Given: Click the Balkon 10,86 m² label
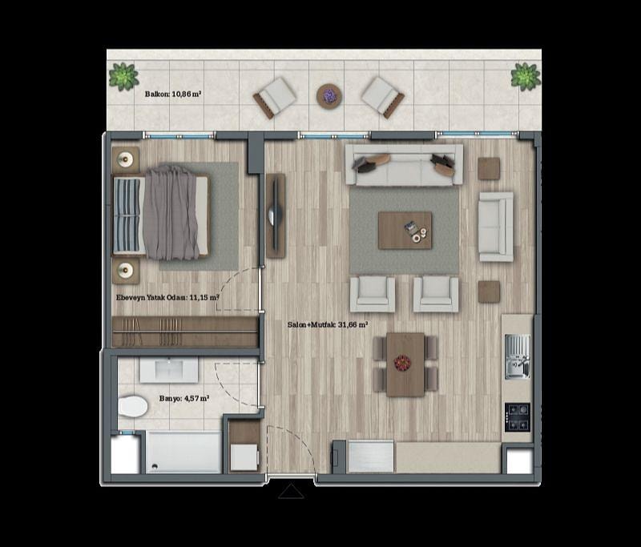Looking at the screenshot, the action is [172, 94].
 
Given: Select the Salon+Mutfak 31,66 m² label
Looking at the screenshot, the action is [328, 325].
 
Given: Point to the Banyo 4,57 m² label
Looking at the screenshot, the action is [184, 398].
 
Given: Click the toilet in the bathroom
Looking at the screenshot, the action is [133, 406].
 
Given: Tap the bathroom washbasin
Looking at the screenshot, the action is [169, 370].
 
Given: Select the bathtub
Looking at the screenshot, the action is [183, 452].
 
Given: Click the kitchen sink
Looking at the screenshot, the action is [517, 356].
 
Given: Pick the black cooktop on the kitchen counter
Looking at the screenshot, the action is [518, 417].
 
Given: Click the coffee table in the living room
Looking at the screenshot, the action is [405, 230].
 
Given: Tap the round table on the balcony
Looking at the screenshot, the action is [329, 96].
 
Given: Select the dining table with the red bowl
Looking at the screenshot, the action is [405, 364].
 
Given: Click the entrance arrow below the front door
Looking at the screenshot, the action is [291, 492].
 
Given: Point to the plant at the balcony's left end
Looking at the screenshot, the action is [123, 76].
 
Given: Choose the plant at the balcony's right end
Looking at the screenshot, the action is [526, 76].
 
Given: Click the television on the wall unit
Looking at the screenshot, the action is [275, 215].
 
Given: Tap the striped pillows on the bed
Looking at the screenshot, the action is [127, 215].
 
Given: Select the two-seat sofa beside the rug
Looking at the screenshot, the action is [496, 227].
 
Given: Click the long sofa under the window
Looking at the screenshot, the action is [404, 165].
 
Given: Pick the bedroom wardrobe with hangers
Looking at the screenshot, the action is [185, 332].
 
